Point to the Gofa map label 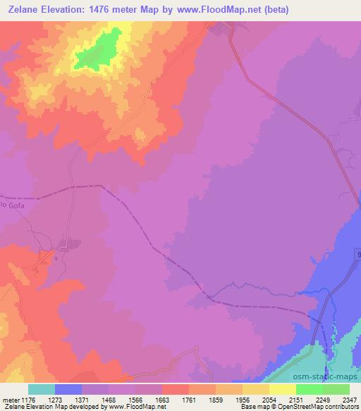coord(13,205)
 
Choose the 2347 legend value coord(349,400)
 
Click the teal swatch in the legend coord(42,389)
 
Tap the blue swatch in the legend coord(68,389)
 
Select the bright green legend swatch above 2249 coord(310,389)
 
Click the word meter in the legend coord(10,400)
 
